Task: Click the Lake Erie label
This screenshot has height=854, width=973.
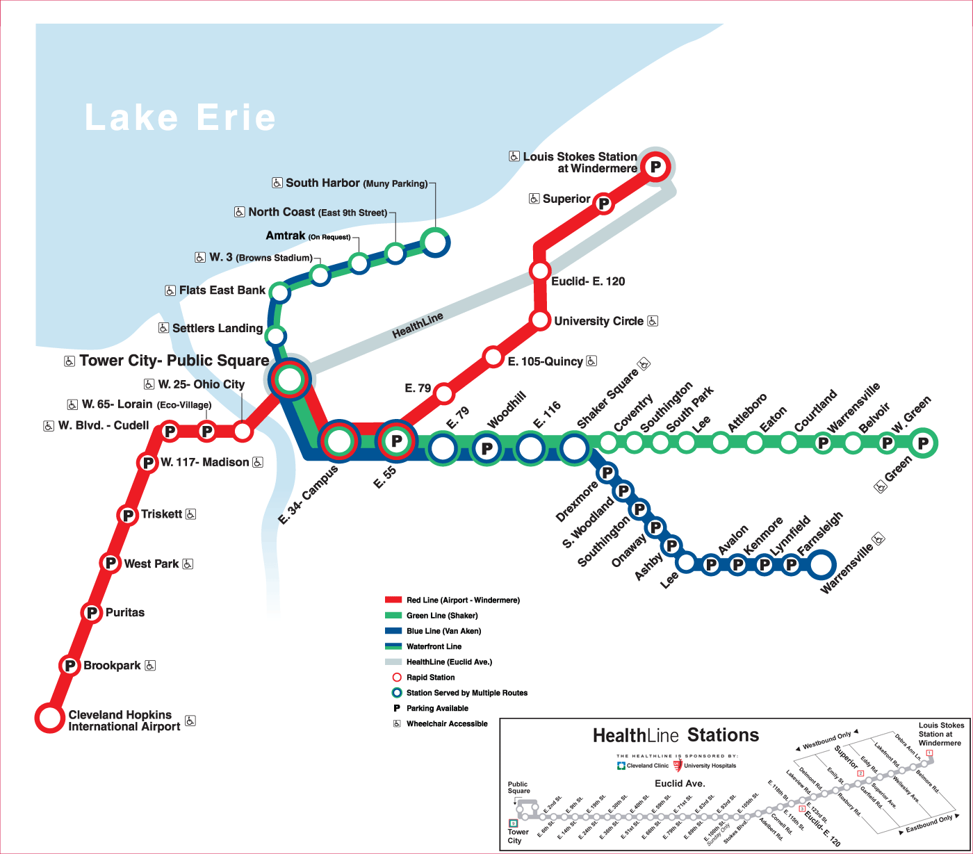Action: tap(180, 117)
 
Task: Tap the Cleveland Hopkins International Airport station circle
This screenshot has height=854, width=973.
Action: tap(50, 718)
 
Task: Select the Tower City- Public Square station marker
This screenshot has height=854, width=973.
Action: tap(289, 379)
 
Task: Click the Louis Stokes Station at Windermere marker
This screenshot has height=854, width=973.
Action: tap(655, 167)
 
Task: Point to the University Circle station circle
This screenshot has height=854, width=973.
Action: tap(540, 320)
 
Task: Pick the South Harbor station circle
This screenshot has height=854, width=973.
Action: tap(435, 243)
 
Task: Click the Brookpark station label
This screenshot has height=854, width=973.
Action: tap(112, 666)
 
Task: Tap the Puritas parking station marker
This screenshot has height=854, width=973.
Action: tap(92, 613)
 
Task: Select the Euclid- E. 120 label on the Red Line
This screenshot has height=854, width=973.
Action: tap(588, 281)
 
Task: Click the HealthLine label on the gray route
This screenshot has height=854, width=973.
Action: tap(418, 326)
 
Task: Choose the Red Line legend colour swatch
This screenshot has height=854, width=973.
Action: tap(393, 600)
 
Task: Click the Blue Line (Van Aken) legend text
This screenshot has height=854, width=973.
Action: tap(443, 631)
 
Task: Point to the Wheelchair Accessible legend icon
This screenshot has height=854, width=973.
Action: tap(397, 724)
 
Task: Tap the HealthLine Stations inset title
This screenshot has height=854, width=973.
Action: tap(676, 735)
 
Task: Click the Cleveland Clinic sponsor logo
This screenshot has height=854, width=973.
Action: tap(621, 766)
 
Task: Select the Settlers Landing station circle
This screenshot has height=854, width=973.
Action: tap(275, 336)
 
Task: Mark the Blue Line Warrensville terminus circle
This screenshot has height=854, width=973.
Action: tap(820, 565)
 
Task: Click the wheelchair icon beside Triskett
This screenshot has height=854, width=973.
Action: tap(191, 514)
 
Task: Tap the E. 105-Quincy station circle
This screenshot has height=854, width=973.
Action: tap(493, 357)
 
